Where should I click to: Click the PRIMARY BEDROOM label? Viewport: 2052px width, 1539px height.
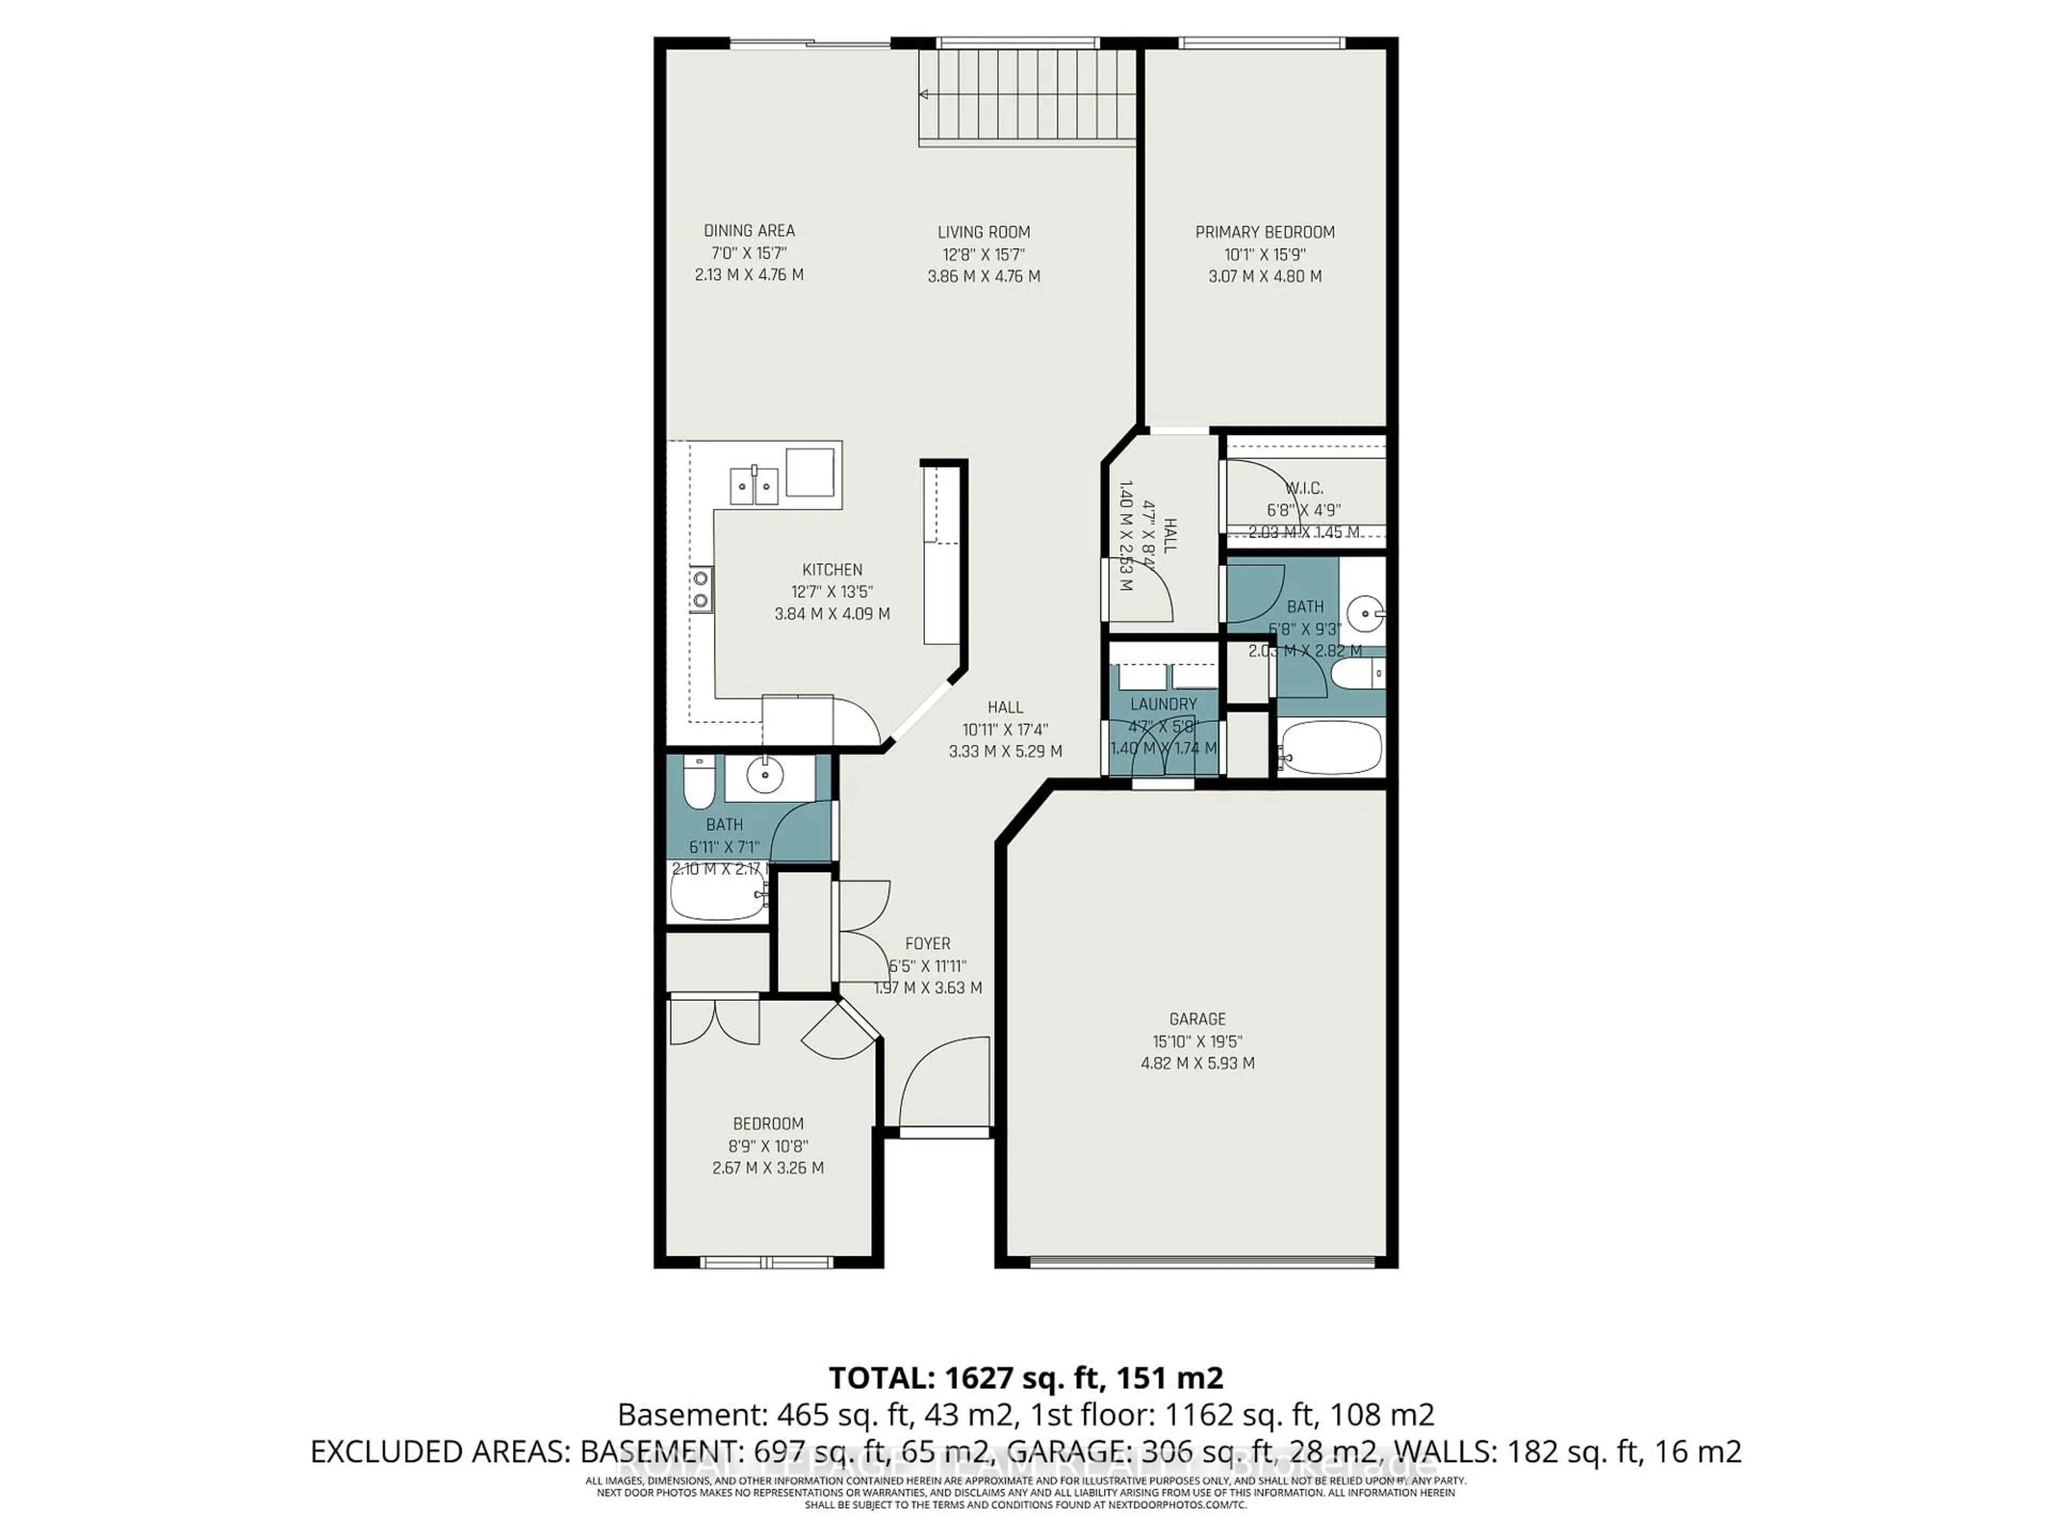1264,232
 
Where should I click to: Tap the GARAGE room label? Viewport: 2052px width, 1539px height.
1196,1019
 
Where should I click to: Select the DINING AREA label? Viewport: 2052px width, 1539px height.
749,231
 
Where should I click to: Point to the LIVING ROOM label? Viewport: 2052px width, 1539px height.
983,232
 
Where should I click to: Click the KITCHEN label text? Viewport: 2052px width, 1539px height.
832,570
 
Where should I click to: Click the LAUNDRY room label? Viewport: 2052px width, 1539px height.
1163,704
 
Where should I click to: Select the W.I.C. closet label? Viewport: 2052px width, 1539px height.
1304,488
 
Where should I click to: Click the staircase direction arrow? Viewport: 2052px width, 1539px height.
924,94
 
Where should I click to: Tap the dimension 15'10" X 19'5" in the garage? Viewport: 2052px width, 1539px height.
1196,1041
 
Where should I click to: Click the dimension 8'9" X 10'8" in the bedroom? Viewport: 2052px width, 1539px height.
767,1146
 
